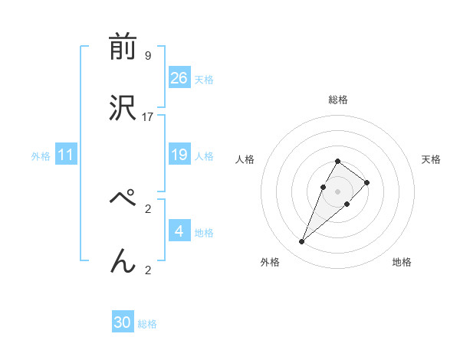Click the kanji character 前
[x=123, y=47]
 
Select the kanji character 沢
[x=123, y=108]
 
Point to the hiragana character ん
[x=123, y=260]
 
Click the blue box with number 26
[x=179, y=78]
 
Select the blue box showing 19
[x=179, y=155]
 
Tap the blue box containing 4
[x=179, y=231]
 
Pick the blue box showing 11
[x=66, y=155]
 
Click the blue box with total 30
[x=123, y=323]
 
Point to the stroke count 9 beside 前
[x=148, y=56]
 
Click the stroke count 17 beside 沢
[x=148, y=117]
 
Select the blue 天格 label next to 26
[x=204, y=80]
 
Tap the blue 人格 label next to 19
[x=204, y=156]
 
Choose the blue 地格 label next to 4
[x=204, y=233]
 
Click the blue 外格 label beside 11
[x=41, y=156]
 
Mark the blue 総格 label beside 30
[x=147, y=324]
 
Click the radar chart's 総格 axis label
[x=338, y=100]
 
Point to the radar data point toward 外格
[x=302, y=242]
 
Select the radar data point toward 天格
[x=367, y=182]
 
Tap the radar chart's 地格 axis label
[x=402, y=262]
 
